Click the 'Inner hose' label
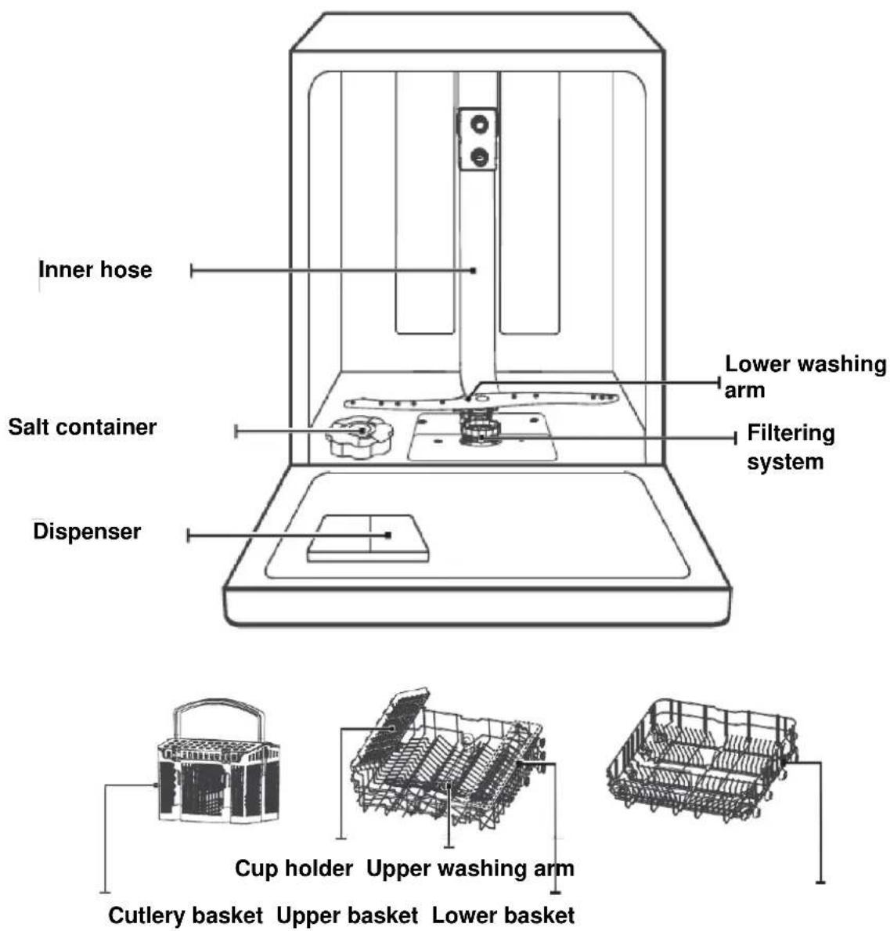pyautogui.click(x=95, y=269)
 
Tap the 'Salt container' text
pyautogui.click(x=82, y=427)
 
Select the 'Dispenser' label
pyautogui.click(x=88, y=531)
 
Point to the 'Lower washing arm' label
pyautogui.click(x=805, y=377)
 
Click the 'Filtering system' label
pyautogui.click(x=791, y=447)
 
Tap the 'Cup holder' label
pyautogui.click(x=294, y=868)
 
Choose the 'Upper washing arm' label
pyautogui.click(x=470, y=868)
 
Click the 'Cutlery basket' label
pyautogui.click(x=186, y=915)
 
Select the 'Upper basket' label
pyautogui.click(x=348, y=915)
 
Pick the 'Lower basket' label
pyautogui.click(x=503, y=915)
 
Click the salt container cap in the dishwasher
pyautogui.click(x=359, y=436)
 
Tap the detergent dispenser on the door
pyautogui.click(x=368, y=538)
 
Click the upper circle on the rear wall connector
pyautogui.click(x=479, y=124)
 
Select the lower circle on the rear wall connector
pyautogui.click(x=479, y=157)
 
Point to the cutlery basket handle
pyautogui.click(x=218, y=704)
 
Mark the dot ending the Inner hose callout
pyautogui.click(x=474, y=271)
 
